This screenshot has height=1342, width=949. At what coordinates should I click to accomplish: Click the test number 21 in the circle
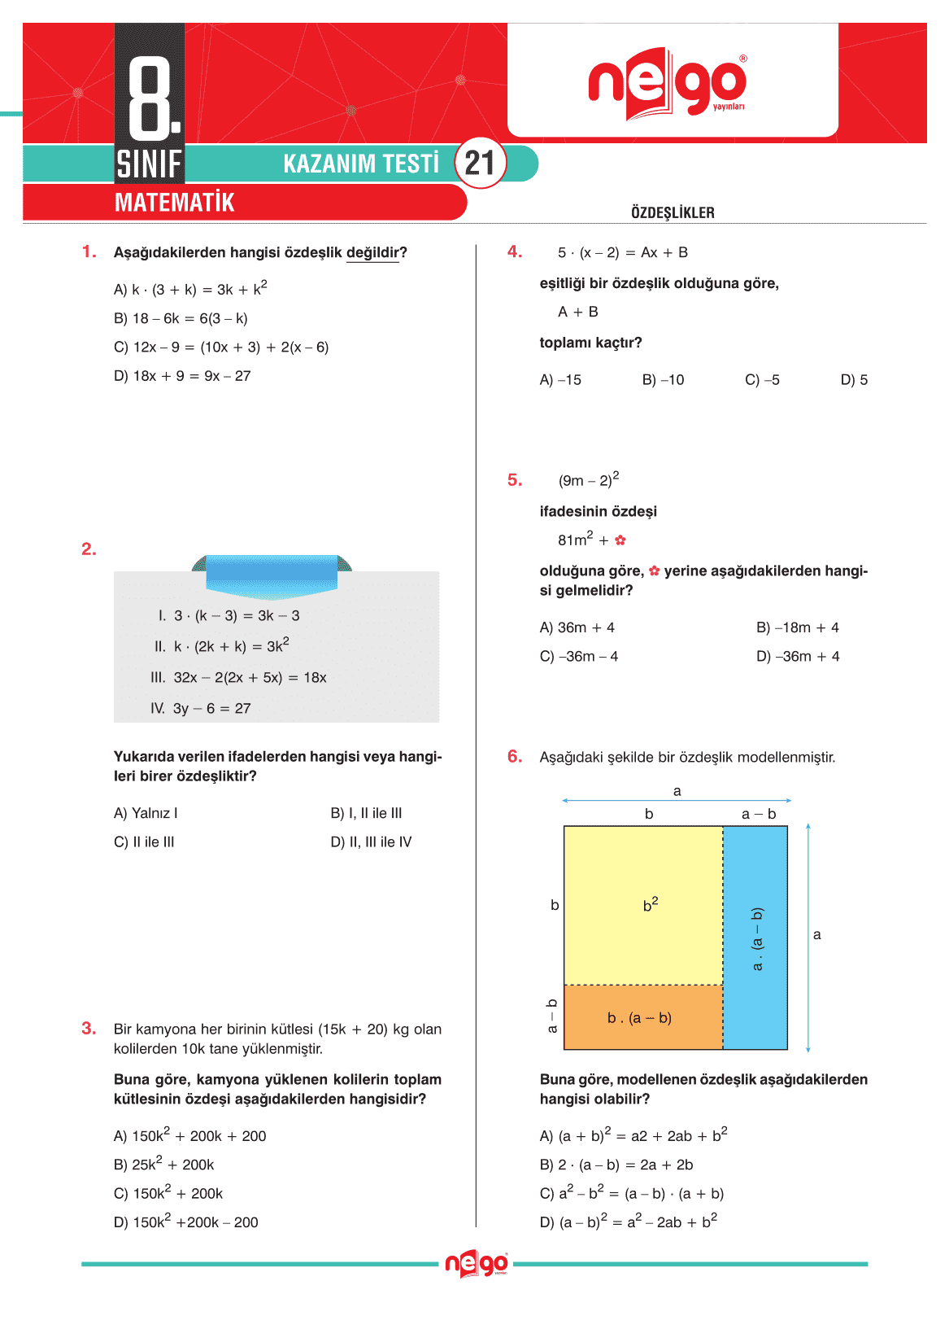pos(480,164)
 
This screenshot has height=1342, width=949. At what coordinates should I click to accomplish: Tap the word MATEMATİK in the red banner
pos(174,203)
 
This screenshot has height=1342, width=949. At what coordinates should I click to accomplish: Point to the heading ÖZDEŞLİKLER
pos(673,213)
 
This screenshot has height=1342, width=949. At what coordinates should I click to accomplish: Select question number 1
pos(89,252)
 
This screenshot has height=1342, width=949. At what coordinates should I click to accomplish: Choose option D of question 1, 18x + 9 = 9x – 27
pos(182,376)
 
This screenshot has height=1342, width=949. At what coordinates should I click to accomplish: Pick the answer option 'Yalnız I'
pos(146,813)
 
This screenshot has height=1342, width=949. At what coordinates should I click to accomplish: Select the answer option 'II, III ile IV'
pos(371,842)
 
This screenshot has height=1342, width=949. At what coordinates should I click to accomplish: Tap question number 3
pos(89,1029)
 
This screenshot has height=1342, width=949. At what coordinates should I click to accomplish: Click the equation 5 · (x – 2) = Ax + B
pos(622,253)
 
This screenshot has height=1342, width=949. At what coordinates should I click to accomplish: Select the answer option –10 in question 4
pos(663,380)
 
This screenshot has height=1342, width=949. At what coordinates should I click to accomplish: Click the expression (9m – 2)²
pos(588,480)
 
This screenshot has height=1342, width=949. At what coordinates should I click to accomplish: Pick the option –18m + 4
pos(797,627)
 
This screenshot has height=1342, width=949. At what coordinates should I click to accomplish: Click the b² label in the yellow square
pos(651,904)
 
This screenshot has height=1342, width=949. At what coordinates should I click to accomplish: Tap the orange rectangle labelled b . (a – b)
pos(642,1018)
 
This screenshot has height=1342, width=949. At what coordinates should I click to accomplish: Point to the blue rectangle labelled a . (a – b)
pos(756,938)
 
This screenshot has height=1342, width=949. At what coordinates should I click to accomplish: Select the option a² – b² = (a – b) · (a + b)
pos(631,1194)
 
